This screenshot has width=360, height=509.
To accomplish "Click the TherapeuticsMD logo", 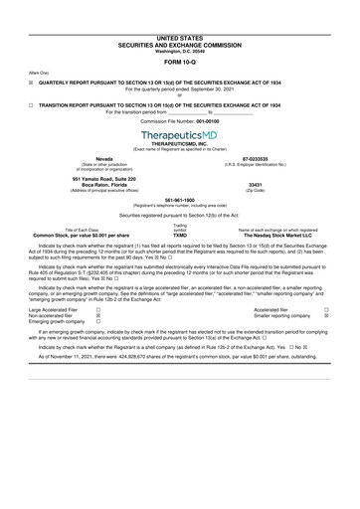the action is click(x=179, y=133).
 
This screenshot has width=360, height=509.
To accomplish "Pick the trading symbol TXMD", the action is click(x=180, y=235).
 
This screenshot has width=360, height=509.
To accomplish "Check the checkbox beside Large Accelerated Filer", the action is click(x=96, y=309).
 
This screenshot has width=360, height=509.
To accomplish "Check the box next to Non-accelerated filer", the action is click(x=96, y=315).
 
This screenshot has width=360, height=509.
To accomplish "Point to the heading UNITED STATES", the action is click(x=179, y=8).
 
